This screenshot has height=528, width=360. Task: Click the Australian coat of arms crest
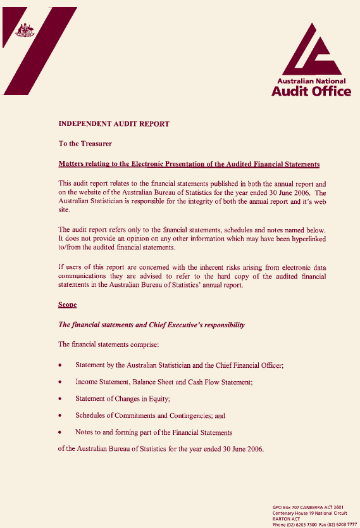click(x=26, y=30)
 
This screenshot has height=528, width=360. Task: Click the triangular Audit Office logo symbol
click(x=309, y=51)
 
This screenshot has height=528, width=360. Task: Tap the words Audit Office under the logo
click(x=311, y=92)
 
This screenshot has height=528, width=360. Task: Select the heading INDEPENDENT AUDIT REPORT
click(x=114, y=124)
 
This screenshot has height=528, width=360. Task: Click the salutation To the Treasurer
click(x=85, y=144)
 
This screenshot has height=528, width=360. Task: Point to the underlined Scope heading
click(x=67, y=305)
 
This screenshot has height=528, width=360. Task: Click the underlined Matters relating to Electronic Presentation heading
click(x=189, y=165)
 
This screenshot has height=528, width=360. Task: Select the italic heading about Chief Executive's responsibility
click(x=151, y=325)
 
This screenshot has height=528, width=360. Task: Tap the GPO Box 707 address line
click(x=307, y=507)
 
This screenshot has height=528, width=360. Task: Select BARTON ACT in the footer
click(x=286, y=519)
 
